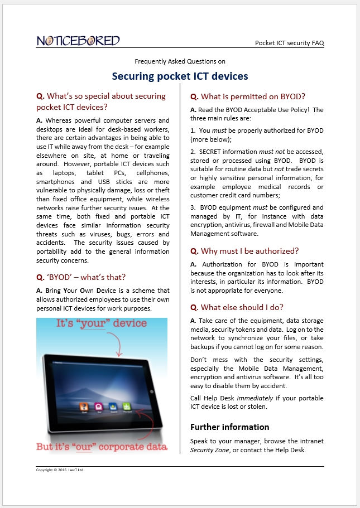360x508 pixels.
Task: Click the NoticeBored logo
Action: (78, 41)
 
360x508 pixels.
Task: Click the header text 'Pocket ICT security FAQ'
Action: (289, 42)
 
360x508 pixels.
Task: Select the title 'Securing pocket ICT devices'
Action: (180, 76)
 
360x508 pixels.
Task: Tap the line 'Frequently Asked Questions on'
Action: (180, 61)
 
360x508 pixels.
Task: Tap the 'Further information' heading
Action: (230, 427)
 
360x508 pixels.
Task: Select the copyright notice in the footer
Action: (60, 470)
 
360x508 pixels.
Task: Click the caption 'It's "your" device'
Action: (101, 323)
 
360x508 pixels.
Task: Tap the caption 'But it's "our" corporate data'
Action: (102, 447)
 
